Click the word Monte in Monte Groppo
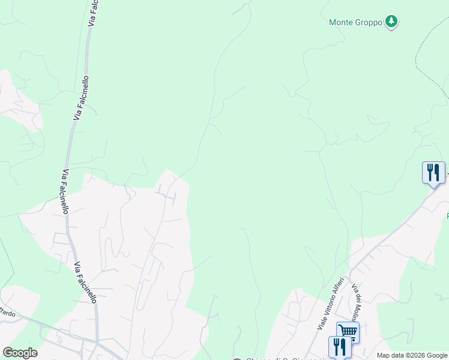point(340,23)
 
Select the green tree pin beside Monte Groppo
point(391,22)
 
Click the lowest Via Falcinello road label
point(85,282)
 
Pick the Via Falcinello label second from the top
point(82,98)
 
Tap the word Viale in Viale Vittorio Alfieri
point(322,322)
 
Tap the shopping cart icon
point(348,332)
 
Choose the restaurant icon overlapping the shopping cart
point(340,347)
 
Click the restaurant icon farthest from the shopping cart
point(433,173)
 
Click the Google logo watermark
point(20,353)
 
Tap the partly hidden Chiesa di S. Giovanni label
point(276,359)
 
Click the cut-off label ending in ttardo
point(7,312)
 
